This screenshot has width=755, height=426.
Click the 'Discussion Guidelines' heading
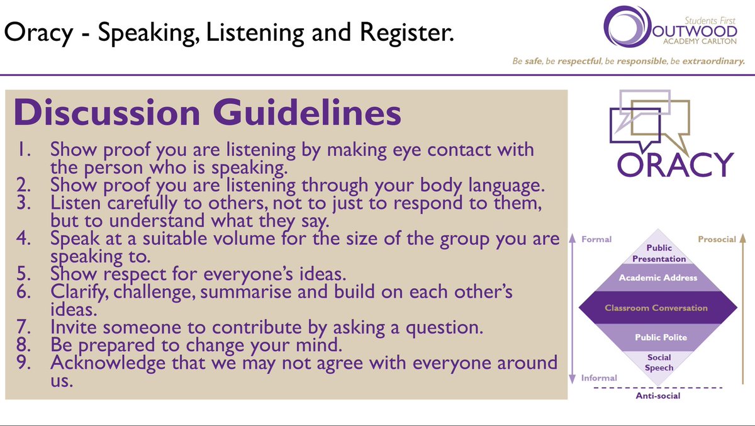pos(208,114)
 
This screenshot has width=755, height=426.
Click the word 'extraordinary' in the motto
pos(711,62)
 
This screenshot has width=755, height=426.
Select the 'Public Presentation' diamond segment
pos(659,254)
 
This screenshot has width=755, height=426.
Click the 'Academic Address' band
pos(658,277)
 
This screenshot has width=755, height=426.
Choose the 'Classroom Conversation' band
pos(656,308)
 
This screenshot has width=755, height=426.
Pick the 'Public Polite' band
pos(661,337)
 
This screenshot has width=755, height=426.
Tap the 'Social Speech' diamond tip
pos(659,362)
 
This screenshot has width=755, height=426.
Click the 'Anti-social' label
pos(659,396)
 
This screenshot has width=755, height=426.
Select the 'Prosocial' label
pos(717,239)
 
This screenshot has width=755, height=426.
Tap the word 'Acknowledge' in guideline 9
pos(109,362)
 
